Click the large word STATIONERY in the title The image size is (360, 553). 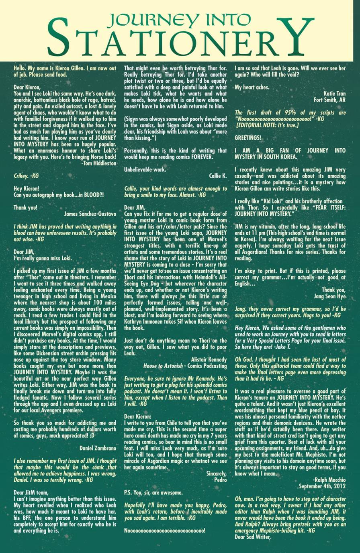click(180, 38)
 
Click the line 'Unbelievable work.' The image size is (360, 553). click(145, 169)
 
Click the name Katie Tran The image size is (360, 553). click(334, 94)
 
